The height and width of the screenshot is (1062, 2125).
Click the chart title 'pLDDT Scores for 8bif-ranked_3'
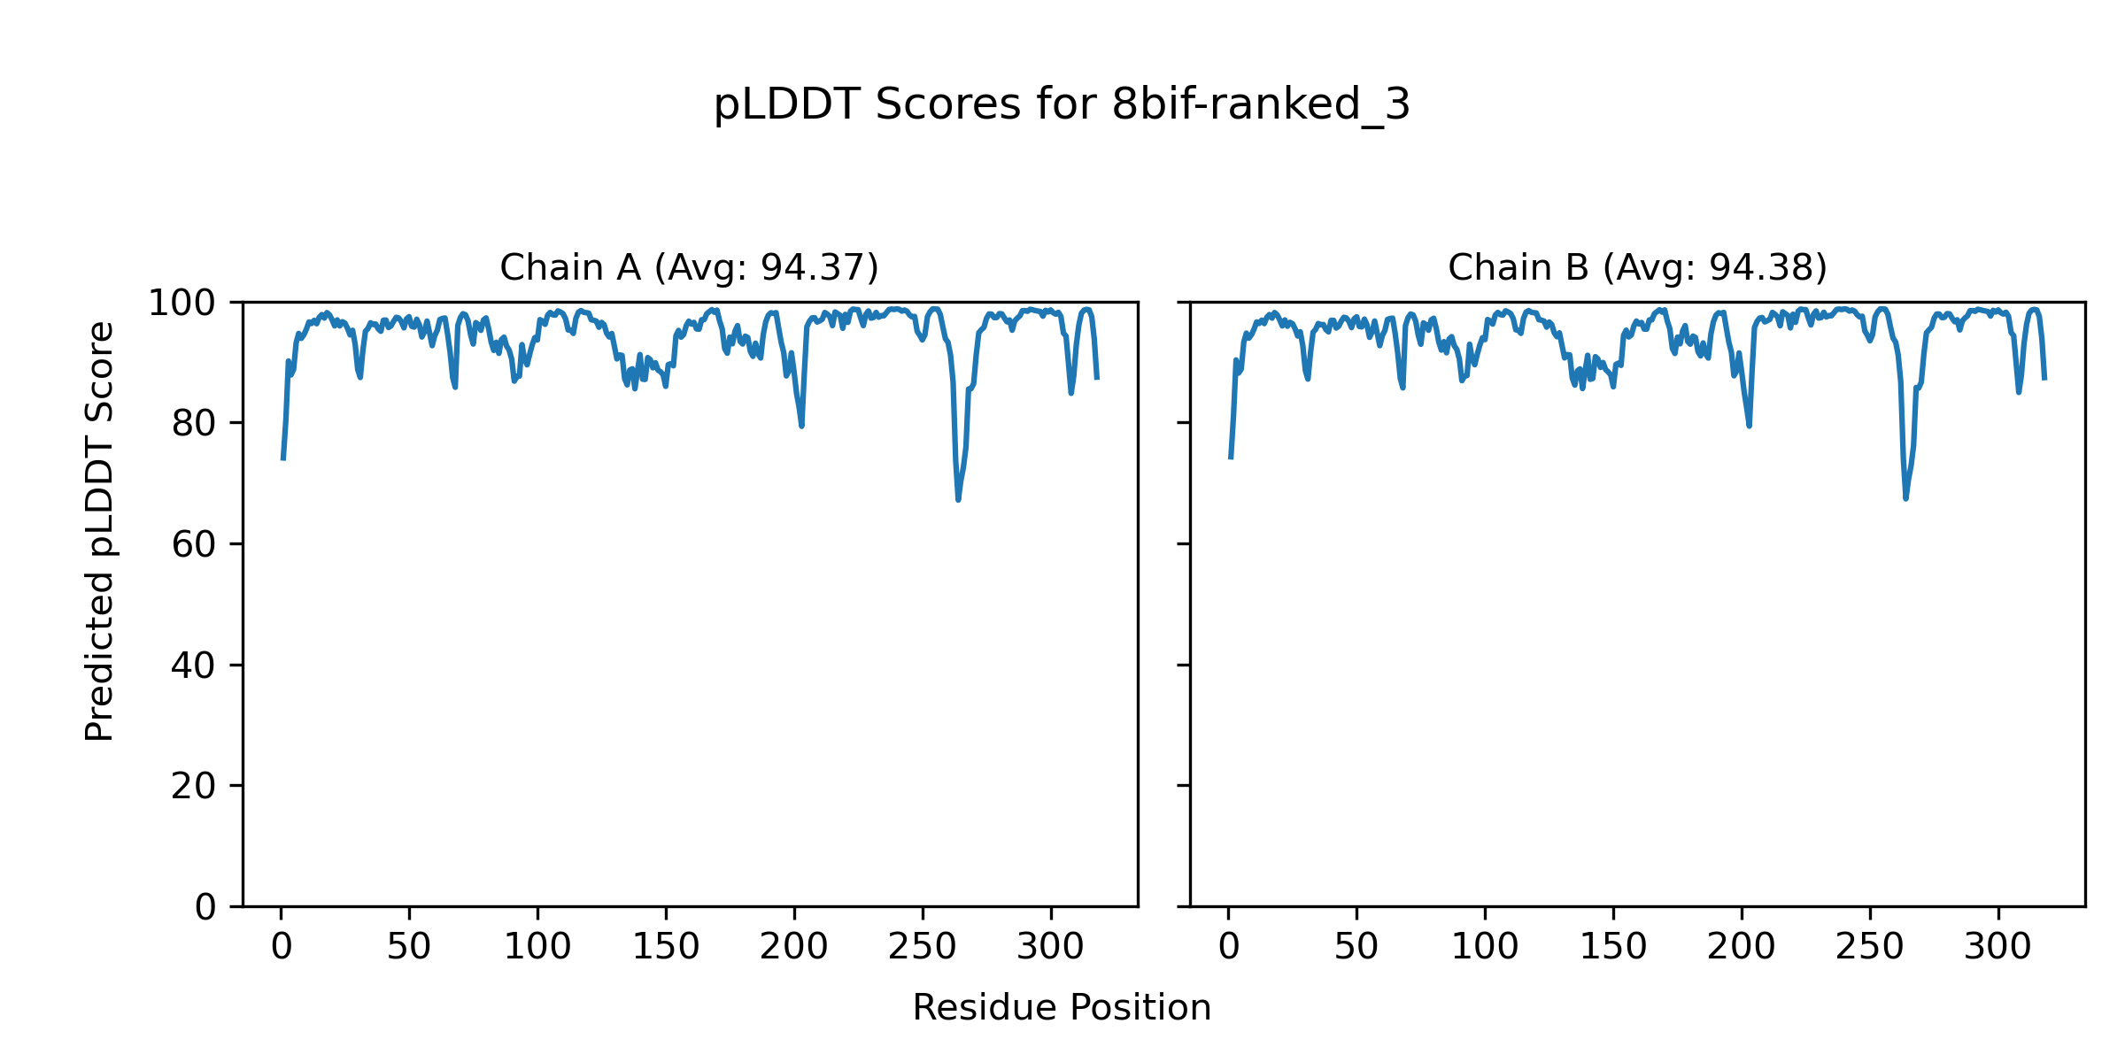(1062, 105)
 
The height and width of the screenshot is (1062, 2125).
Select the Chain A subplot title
(689, 267)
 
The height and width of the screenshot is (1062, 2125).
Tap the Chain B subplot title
(1637, 267)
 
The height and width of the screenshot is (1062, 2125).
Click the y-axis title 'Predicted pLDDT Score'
(100, 531)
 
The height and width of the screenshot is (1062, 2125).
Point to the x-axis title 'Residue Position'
(1062, 1008)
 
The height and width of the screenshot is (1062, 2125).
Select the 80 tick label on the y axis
(194, 424)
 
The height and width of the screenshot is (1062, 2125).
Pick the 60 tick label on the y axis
(194, 545)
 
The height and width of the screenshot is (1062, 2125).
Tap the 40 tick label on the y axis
(194, 666)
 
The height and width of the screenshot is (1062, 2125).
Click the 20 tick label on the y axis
(194, 787)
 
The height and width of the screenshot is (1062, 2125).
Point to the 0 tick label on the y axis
(205, 907)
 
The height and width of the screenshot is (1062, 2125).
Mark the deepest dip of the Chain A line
(958, 500)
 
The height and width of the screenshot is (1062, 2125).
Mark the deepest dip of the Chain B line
(1905, 498)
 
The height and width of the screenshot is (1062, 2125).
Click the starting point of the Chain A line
(282, 459)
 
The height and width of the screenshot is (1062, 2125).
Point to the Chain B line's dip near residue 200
(1749, 426)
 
